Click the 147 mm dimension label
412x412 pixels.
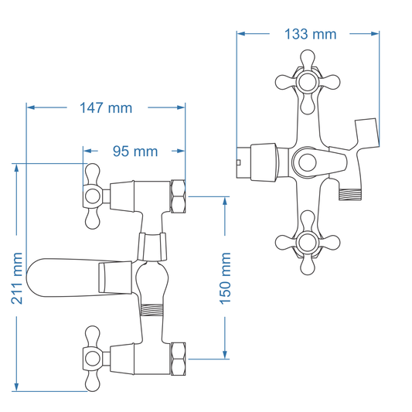tap(106, 108)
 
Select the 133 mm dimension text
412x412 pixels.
tap(311, 34)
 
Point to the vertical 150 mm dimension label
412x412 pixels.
tap(226, 277)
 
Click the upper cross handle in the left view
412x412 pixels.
tap(93, 197)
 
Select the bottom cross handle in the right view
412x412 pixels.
tap(307, 244)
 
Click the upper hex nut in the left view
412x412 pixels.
tap(178, 197)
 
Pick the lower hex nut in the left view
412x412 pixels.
tap(178, 357)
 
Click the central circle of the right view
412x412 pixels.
tap(306, 162)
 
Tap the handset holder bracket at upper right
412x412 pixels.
tap(366, 133)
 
